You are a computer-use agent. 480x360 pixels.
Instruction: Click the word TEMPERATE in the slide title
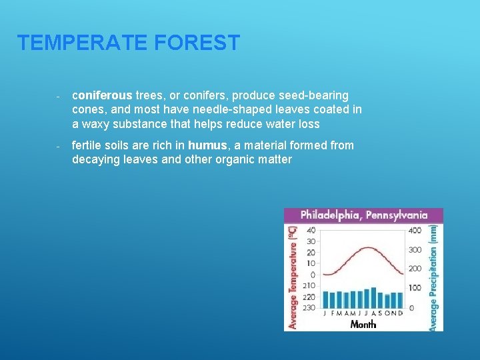coord(83,43)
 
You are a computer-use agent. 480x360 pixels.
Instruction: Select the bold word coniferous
coord(102,96)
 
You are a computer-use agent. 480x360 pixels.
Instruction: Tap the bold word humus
coord(207,145)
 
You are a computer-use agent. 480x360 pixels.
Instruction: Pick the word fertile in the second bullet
coord(88,145)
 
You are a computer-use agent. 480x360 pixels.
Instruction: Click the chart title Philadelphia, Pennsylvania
coord(363,215)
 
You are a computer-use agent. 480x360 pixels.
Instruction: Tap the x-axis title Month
coord(363,325)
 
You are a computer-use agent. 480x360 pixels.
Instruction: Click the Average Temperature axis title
coord(292,277)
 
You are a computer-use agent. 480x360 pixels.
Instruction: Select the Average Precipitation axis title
coord(434,277)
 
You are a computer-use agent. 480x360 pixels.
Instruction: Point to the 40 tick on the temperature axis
coord(311,231)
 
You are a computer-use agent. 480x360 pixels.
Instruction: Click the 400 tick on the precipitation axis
coord(415,231)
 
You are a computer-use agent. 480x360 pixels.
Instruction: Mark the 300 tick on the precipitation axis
coord(415,250)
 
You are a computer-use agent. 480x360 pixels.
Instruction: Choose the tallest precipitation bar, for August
coord(373,298)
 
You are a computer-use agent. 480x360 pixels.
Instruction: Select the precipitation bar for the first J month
coord(325,300)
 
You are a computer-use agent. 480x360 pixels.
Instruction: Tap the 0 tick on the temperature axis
coord(313,275)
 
